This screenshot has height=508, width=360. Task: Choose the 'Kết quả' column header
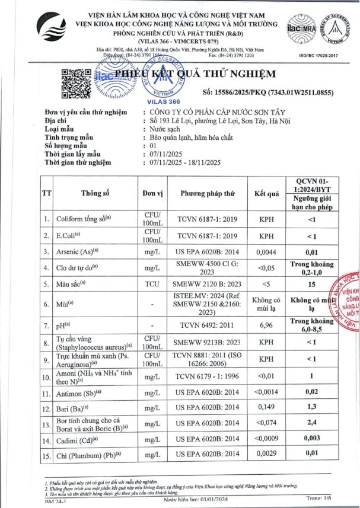click(x=266, y=193)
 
